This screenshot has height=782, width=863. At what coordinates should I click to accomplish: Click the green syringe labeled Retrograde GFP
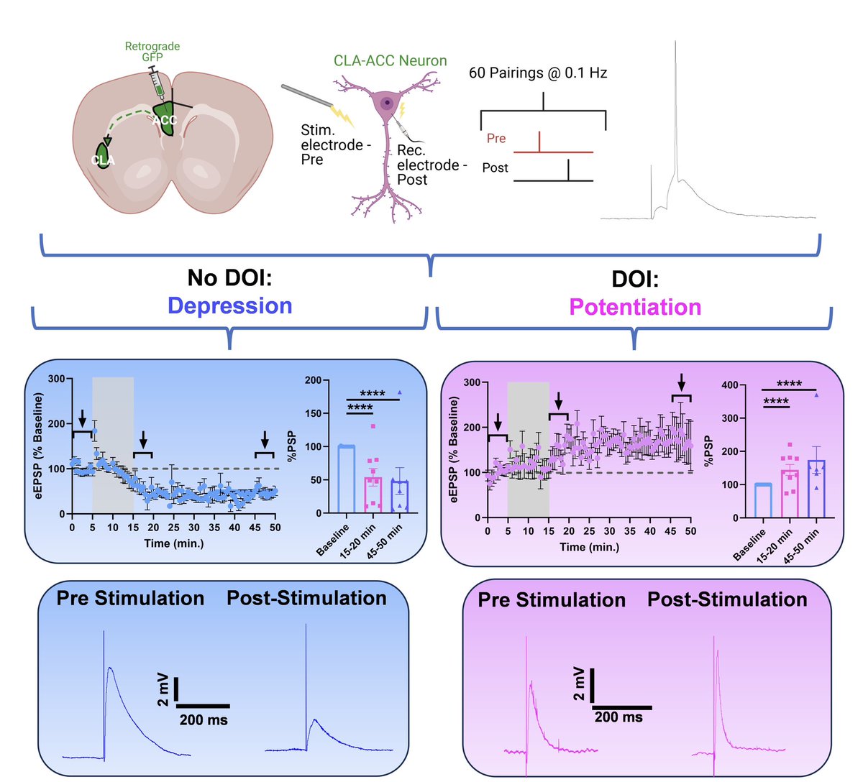point(157,84)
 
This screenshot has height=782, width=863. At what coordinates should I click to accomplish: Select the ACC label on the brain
point(165,119)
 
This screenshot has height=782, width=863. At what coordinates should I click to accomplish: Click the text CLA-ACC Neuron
point(390,61)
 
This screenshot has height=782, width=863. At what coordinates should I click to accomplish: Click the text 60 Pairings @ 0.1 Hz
point(538,73)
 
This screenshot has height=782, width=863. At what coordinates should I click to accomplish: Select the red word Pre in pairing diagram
point(496,138)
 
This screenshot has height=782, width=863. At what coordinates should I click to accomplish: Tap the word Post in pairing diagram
point(495,167)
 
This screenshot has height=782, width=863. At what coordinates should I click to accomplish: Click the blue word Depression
point(230,305)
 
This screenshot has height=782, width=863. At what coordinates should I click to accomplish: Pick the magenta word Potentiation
point(635,307)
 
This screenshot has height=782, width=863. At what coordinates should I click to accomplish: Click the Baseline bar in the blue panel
point(347,479)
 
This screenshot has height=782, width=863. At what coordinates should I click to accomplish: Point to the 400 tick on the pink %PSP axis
point(729,385)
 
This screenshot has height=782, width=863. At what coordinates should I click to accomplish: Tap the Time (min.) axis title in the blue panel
point(173,543)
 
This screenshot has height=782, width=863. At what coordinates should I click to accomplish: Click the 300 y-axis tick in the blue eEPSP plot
point(56,378)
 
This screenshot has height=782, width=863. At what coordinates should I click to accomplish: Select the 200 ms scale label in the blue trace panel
point(204,719)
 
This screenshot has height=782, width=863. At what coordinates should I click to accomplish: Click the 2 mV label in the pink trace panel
point(579,683)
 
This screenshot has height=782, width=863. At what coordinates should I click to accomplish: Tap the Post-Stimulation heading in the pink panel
point(727,599)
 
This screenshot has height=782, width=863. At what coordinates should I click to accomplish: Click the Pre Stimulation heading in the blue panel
point(130,598)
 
